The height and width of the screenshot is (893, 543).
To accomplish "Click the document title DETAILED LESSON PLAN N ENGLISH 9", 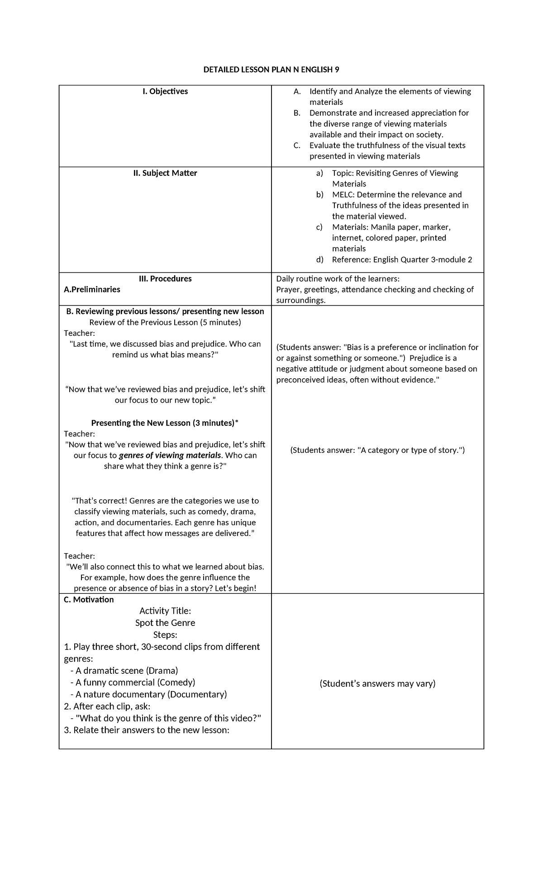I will click(x=271, y=70).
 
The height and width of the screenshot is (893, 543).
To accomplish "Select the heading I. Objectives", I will click(x=165, y=91).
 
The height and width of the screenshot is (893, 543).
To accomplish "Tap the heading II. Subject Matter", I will click(x=165, y=173).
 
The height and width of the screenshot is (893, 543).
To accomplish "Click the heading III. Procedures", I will click(x=165, y=279).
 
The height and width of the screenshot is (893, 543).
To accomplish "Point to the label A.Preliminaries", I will click(x=92, y=290).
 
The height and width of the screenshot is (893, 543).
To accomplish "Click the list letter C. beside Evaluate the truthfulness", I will click(x=297, y=146).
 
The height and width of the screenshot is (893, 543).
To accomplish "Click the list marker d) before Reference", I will click(x=320, y=260).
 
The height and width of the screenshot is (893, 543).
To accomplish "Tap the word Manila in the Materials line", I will click(x=382, y=227).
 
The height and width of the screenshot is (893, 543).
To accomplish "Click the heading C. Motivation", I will click(x=89, y=600).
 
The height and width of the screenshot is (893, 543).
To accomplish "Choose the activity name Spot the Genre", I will click(x=165, y=623).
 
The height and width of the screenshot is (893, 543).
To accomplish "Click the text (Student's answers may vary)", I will click(x=377, y=683).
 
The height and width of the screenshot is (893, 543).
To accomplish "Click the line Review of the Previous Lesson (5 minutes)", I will click(x=165, y=322).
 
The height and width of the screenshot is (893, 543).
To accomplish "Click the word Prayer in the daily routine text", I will click(x=288, y=290).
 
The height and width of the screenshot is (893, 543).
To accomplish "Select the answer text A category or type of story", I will click(x=377, y=450).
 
